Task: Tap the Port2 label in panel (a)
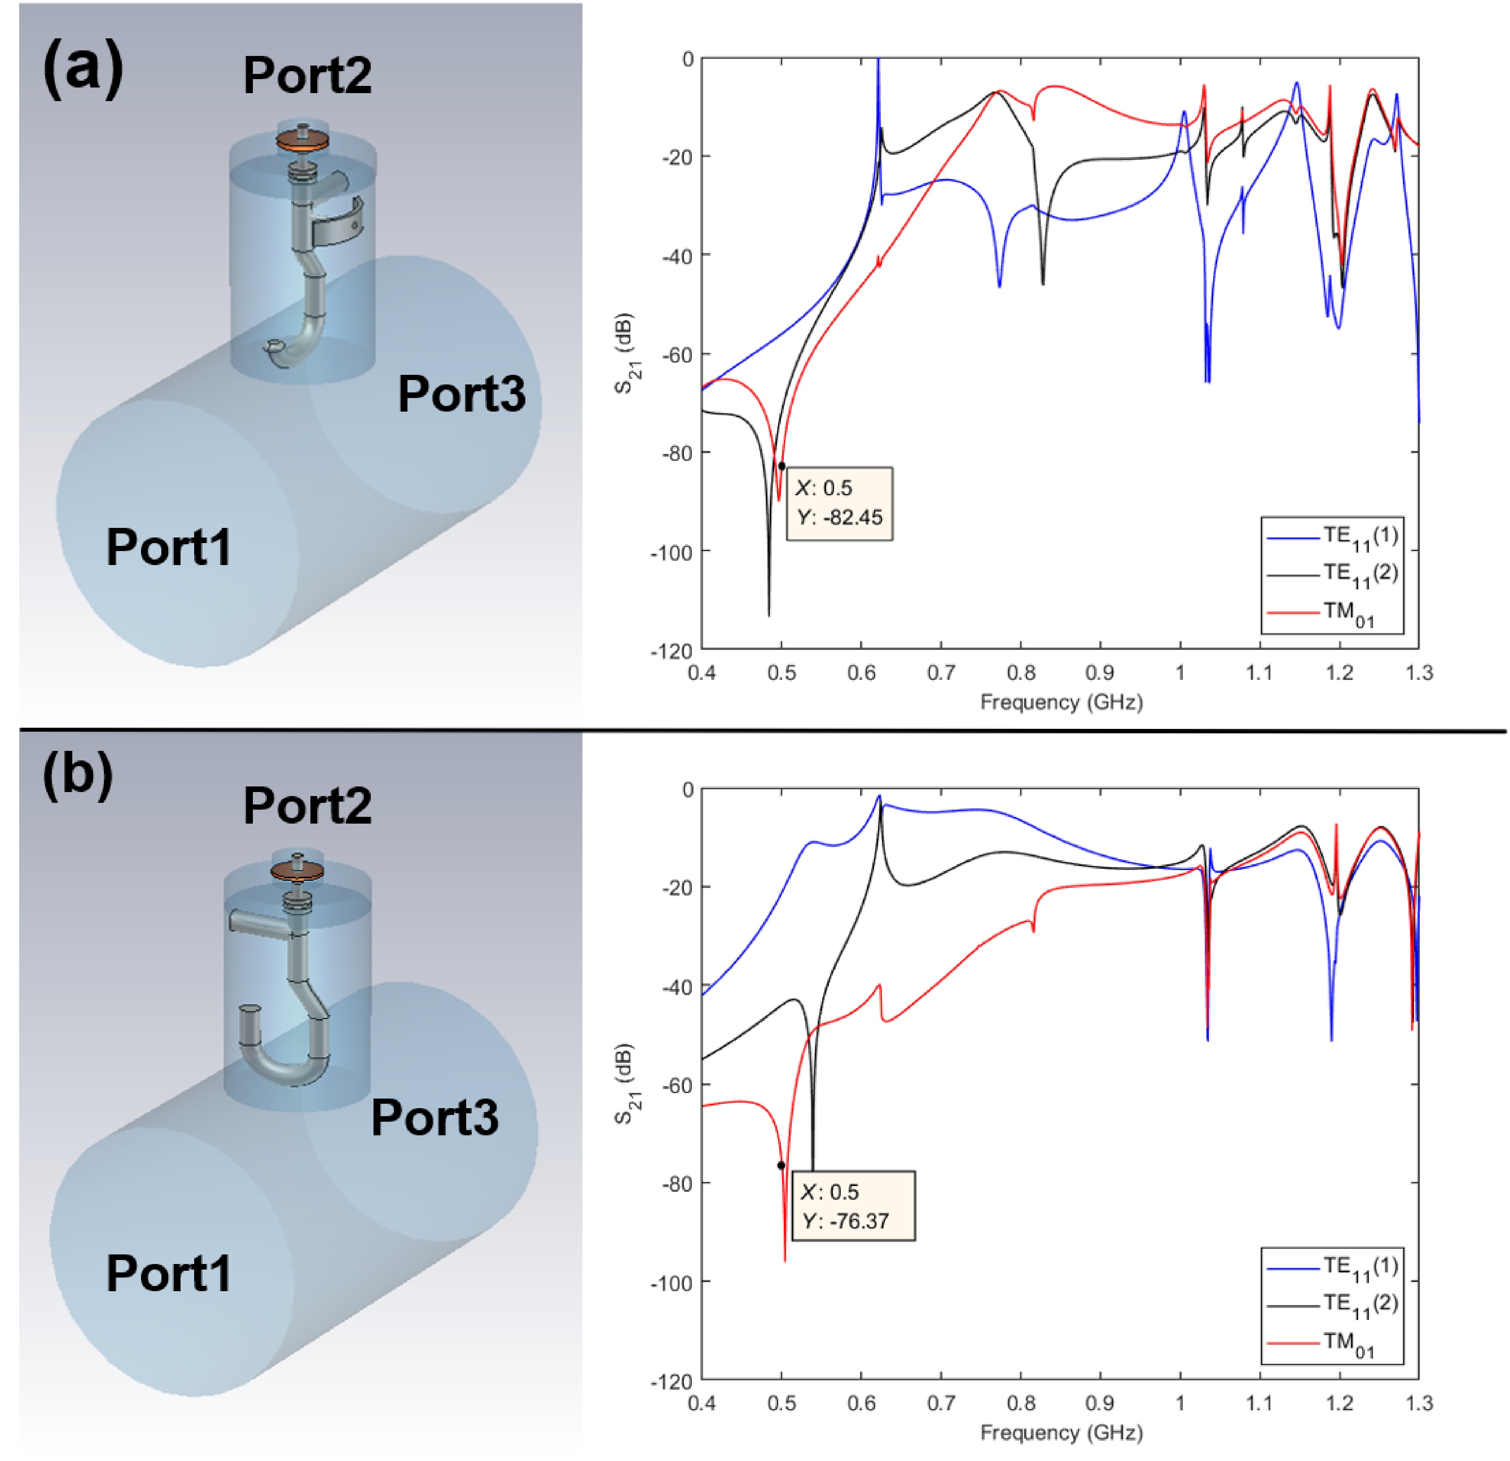(x=308, y=76)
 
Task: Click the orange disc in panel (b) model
(x=296, y=871)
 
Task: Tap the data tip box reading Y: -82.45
(x=839, y=503)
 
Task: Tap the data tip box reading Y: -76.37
(x=853, y=1206)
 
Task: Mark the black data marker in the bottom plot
(x=781, y=1166)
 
